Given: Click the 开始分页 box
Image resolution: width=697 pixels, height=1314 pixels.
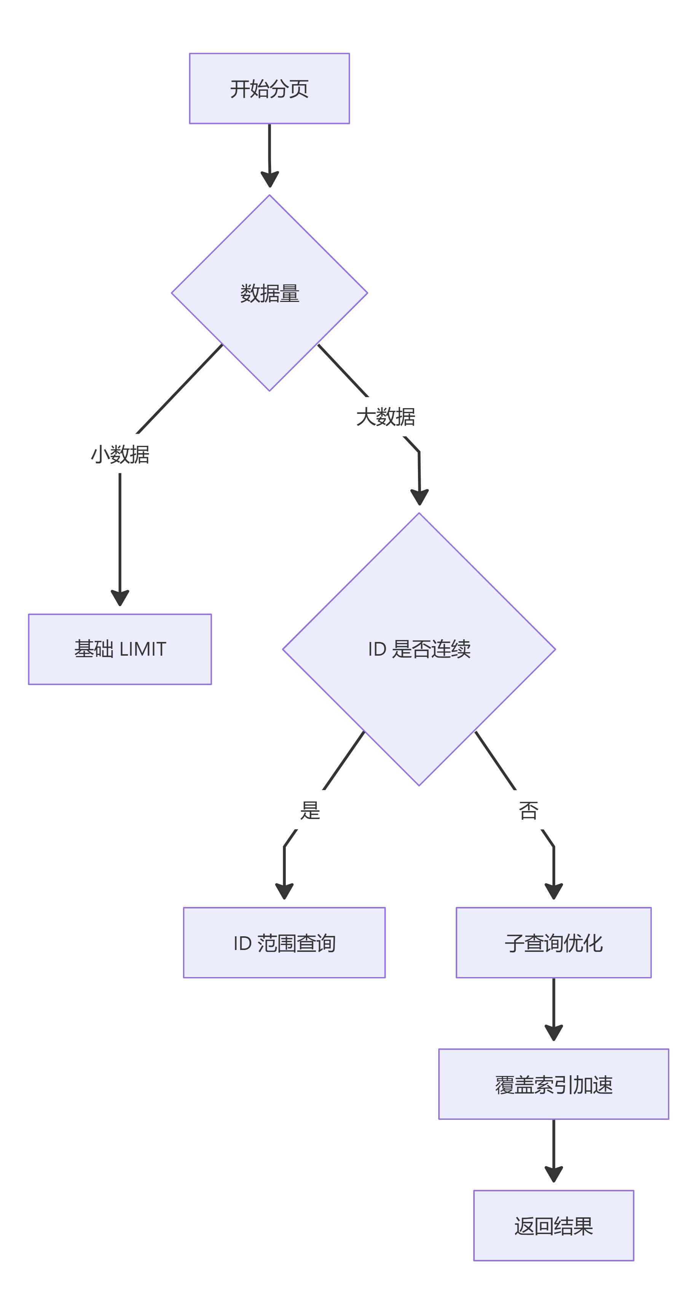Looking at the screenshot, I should pyautogui.click(x=269, y=88).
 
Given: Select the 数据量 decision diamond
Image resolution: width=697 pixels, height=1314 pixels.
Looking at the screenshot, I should pyautogui.click(x=269, y=293).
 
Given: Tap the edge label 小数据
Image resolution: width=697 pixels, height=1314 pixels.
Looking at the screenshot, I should pyautogui.click(x=120, y=454).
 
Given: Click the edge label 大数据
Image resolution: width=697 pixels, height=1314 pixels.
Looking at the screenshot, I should pyautogui.click(x=386, y=417).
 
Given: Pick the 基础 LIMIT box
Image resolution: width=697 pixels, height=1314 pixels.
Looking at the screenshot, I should pyautogui.click(x=120, y=649).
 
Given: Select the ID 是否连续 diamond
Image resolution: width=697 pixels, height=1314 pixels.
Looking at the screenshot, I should pyautogui.click(x=419, y=649).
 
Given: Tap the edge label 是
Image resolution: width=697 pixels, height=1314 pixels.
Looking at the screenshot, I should pyautogui.click(x=310, y=810).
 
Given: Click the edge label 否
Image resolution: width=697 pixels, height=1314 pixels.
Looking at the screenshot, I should pyautogui.click(x=528, y=810).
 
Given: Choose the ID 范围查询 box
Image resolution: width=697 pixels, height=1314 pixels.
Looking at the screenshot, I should pyautogui.click(x=284, y=943).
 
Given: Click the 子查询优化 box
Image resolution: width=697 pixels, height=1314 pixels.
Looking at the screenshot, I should pyautogui.click(x=554, y=943).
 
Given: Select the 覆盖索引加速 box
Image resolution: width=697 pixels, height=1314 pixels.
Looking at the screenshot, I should pyautogui.click(x=554, y=1084).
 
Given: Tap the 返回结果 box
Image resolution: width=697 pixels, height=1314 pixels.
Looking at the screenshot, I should pyautogui.click(x=554, y=1226).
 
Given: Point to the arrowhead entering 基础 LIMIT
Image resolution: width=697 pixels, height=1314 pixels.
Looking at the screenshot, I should pyautogui.click(x=120, y=598).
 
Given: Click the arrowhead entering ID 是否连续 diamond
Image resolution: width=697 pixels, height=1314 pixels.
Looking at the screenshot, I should pyautogui.click(x=419, y=497).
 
